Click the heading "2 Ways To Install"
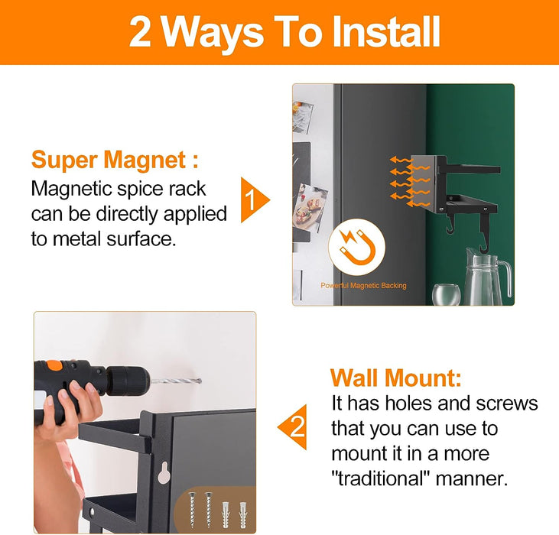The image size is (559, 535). (284, 33)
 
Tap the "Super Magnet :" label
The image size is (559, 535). (115, 160)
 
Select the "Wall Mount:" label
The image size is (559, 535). (395, 378)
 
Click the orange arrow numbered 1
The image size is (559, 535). (255, 199)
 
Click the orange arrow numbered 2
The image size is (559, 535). (292, 426)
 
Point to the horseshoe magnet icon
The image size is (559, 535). (356, 246)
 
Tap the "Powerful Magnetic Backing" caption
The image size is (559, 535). (363, 285)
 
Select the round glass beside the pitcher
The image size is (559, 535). (446, 293)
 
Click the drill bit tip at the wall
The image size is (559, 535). (200, 381)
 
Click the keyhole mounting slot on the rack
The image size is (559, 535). (164, 472)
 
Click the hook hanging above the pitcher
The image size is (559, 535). (483, 235)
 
